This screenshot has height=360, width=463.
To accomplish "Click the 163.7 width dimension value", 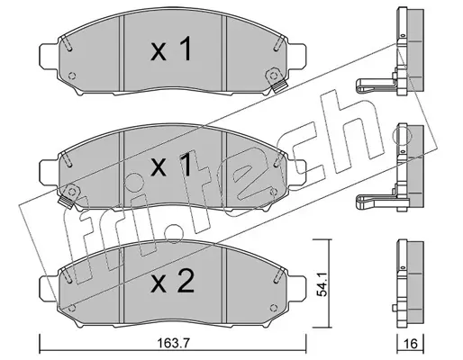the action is pos(173,343).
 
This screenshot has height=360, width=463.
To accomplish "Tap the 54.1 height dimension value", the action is pos(322,283).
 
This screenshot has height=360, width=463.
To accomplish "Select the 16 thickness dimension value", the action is pos(410,344).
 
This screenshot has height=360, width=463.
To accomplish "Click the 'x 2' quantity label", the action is pos(172,282).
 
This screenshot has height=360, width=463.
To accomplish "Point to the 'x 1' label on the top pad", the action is pos(171,49).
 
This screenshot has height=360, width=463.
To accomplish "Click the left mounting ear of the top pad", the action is pos(48,56).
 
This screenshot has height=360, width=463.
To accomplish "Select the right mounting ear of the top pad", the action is pos(297,56).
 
